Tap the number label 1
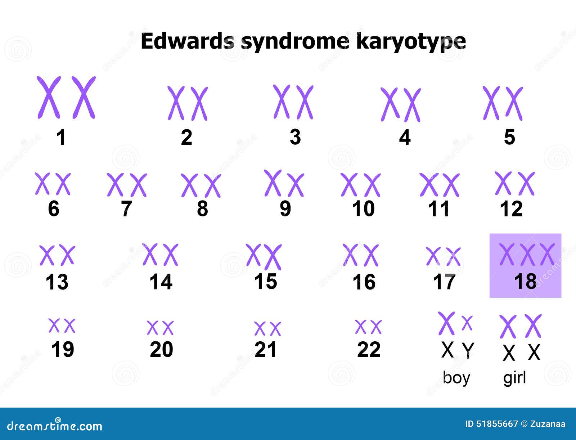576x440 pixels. tap(61, 138)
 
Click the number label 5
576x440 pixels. tap(509, 137)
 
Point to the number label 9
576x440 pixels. tap(285, 208)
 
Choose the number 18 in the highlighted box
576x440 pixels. tap(525, 282)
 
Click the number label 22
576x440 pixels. tap(369, 349)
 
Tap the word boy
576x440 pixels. tap(456, 378)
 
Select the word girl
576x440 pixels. tap(514, 378)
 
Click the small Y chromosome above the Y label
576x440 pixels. tap(467, 323)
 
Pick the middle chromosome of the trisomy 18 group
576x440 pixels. tap(527, 254)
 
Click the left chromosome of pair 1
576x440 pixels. tap(48, 97)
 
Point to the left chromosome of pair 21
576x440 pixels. tap(260, 329)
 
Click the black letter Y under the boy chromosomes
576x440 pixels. tap(468, 350)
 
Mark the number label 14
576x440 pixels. tap(161, 282)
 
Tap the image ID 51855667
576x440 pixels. tap(497, 424)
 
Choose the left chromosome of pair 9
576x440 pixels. tap(273, 183)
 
